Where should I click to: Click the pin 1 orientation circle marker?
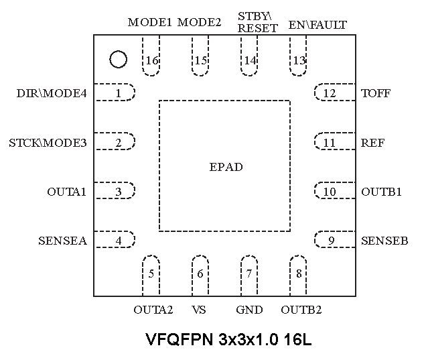(x=118, y=60)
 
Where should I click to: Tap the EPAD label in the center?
(x=226, y=167)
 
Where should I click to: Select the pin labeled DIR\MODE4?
(x=52, y=93)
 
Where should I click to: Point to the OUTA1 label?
(x=67, y=192)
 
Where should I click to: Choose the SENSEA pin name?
(x=62, y=241)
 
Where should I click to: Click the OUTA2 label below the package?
(x=153, y=310)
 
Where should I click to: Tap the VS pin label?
(x=198, y=310)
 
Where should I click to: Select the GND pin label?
(x=249, y=310)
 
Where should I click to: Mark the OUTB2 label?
(x=301, y=310)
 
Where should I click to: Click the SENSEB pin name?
(x=384, y=241)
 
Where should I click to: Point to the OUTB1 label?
(x=382, y=192)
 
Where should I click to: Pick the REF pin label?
(x=373, y=143)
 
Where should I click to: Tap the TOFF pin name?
(x=376, y=93)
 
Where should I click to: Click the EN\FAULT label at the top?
(x=317, y=25)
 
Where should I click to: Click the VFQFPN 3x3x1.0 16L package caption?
(x=228, y=339)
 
